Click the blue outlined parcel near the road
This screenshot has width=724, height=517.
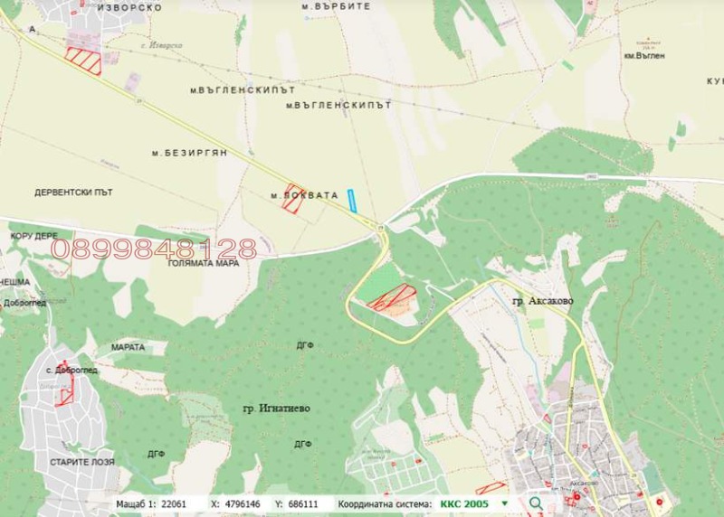(x=353, y=201)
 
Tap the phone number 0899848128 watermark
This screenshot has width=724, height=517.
(x=154, y=249)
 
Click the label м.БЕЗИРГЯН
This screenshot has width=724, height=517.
(x=195, y=153)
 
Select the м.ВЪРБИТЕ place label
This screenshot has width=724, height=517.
(x=336, y=5)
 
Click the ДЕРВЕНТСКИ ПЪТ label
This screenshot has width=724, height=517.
(x=73, y=193)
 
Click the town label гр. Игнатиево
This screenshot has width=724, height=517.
(x=276, y=409)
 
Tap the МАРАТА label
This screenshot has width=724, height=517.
(x=129, y=346)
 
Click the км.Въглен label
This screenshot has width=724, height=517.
(x=644, y=55)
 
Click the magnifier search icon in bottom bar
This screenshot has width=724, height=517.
(x=535, y=503)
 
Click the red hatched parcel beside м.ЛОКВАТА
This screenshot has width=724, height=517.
(x=292, y=199)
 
